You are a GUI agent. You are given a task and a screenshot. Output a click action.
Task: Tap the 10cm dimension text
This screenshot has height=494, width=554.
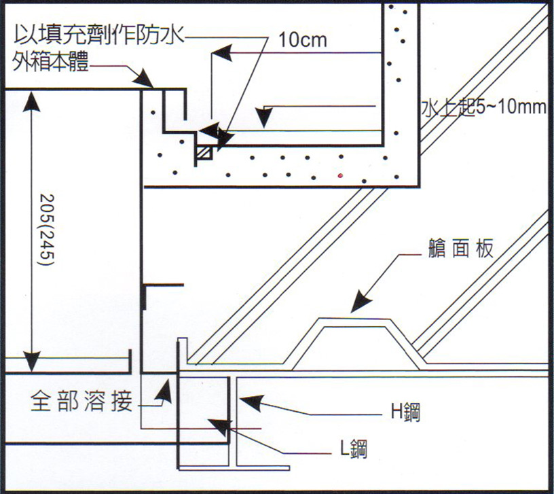[x=302, y=39]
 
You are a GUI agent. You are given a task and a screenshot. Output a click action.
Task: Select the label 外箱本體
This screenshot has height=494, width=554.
[x=50, y=64]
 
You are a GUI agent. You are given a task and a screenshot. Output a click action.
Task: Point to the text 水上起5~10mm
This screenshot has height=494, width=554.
[x=483, y=109]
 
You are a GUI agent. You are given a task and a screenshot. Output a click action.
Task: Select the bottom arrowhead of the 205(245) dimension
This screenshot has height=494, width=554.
[x=29, y=361]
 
